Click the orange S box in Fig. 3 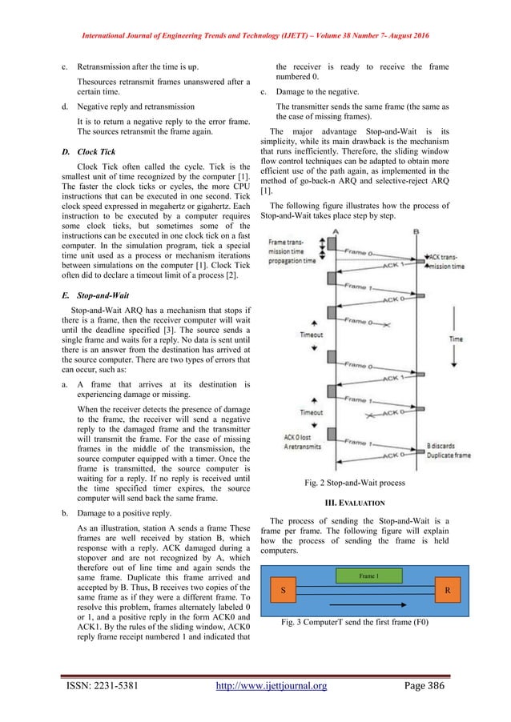tap(282, 588)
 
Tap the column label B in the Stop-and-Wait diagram tap(416, 230)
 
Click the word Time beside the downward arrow tap(455, 339)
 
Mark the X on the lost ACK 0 tap(370, 416)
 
